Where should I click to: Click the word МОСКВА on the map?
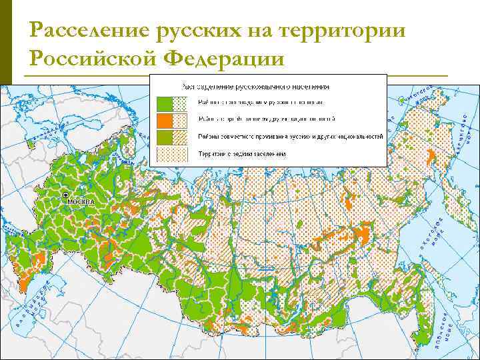point(79,201)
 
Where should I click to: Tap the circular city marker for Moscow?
point(66,195)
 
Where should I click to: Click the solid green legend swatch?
point(163,103)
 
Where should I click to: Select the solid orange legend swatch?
point(163,120)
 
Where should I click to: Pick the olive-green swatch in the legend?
point(163,137)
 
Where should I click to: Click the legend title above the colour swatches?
point(256,86)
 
